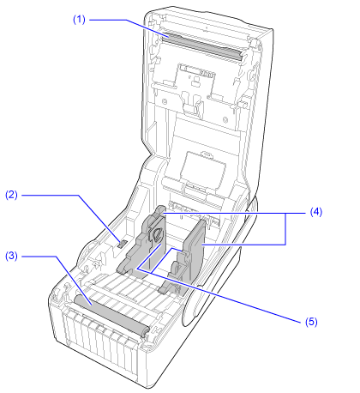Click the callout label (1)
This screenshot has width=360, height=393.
pos(79,20)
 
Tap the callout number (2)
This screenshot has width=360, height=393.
pos(11,195)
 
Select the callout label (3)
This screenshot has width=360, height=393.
pos(11,256)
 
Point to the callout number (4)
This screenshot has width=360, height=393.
pos(316,212)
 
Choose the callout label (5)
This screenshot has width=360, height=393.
pos(311,322)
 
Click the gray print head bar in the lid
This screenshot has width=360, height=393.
pos(203,47)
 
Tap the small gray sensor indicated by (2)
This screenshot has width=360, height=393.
pos(123,244)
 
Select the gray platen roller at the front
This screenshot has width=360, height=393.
pos(111,315)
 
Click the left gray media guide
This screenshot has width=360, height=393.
pos(143,243)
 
